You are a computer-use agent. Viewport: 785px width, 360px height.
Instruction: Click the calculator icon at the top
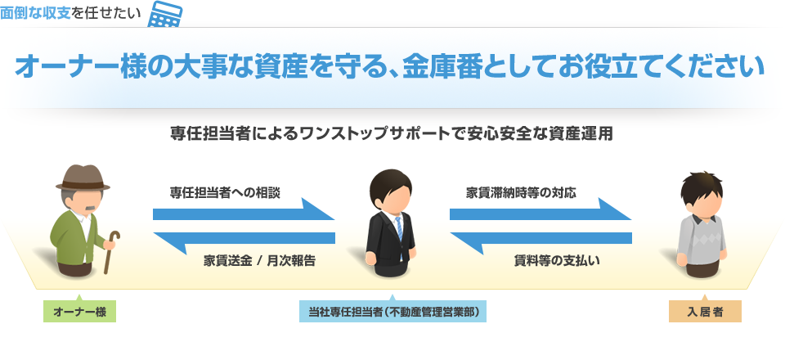coord(166,14)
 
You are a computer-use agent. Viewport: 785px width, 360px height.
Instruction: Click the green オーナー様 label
coord(79,312)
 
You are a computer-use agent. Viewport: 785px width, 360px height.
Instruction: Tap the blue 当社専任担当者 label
coord(392,312)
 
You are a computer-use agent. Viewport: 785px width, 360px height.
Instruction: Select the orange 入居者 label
coord(704,312)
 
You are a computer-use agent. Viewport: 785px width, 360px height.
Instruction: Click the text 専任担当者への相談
coord(225,193)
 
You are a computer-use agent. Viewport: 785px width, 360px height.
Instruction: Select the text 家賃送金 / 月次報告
coord(259,261)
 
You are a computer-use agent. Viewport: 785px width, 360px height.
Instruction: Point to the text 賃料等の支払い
coord(557,261)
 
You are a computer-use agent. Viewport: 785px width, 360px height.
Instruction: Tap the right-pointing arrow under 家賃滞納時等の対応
coord(541,213)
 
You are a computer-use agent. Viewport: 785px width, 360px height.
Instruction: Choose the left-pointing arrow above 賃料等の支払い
coord(541,238)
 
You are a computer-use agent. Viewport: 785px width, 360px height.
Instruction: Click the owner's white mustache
coord(84,203)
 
